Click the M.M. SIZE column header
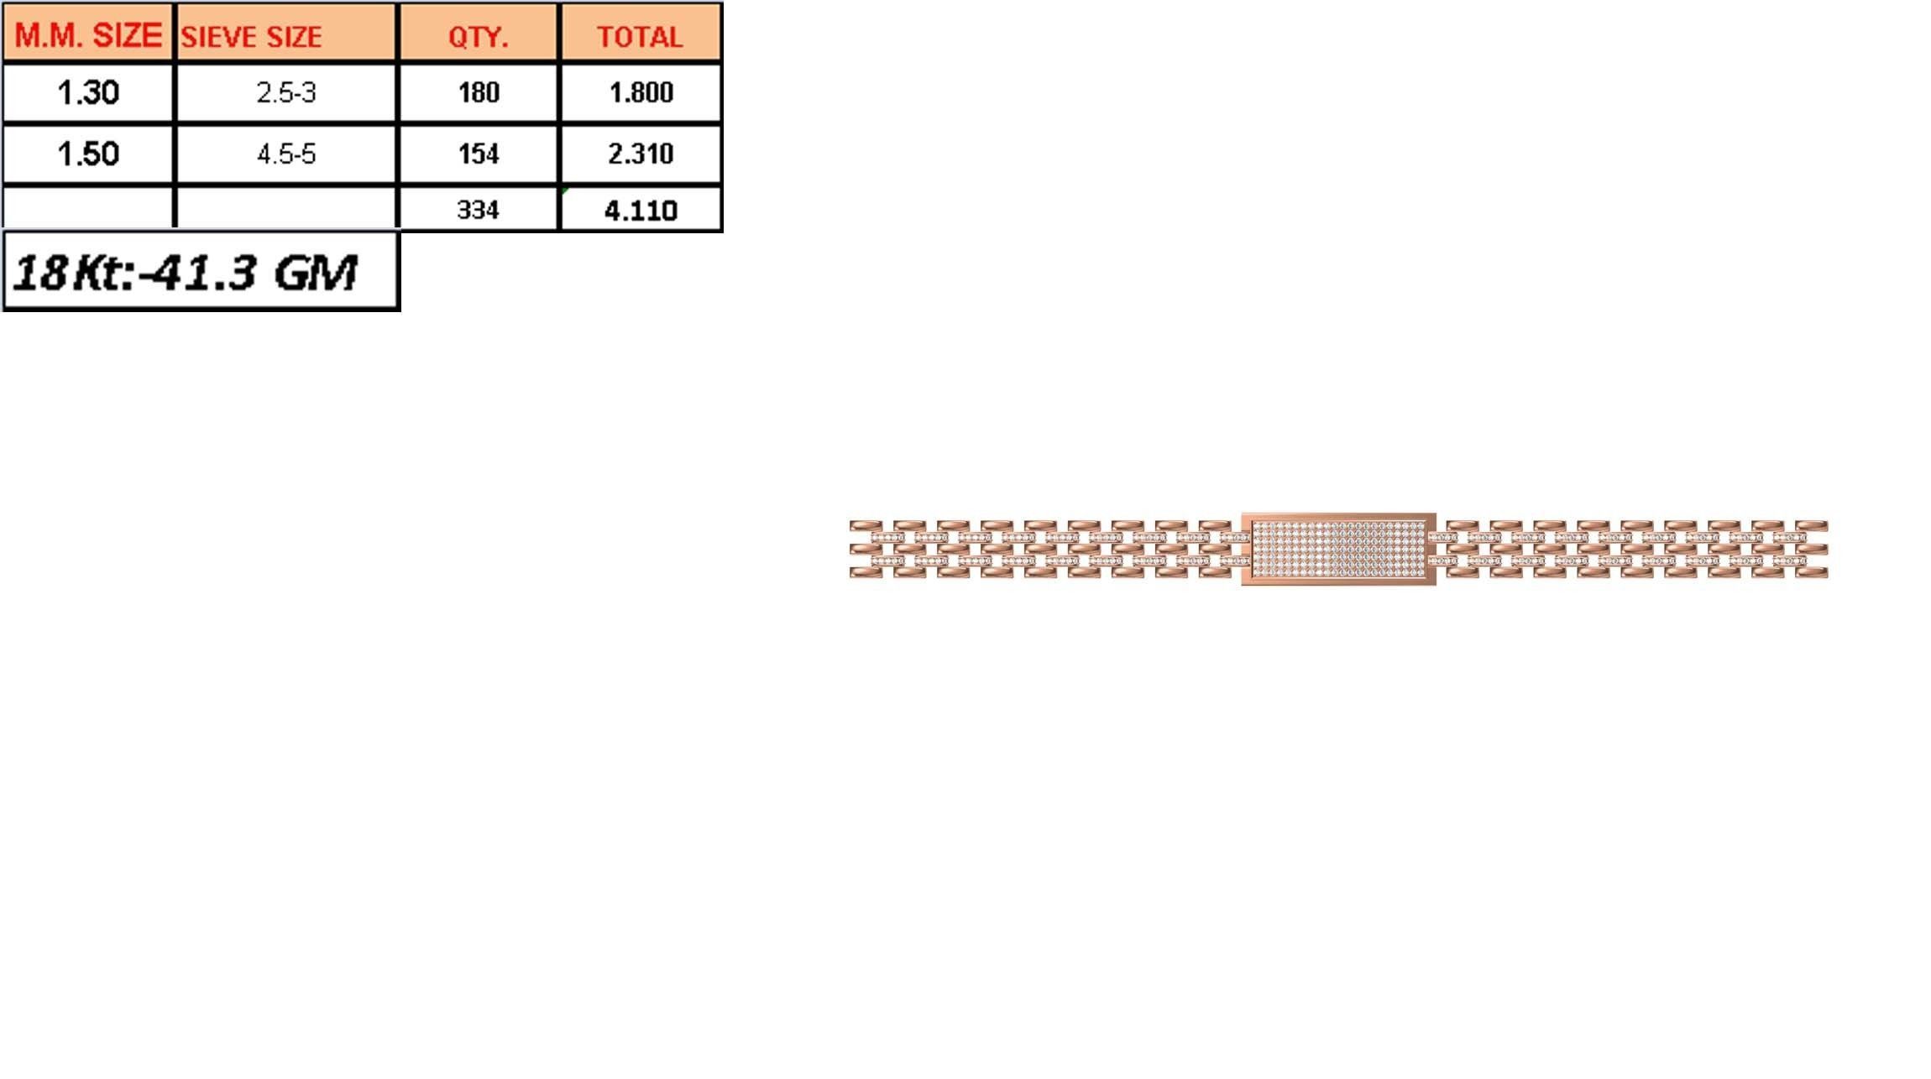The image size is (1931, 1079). (x=88, y=35)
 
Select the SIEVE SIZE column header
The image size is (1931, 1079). (x=251, y=37)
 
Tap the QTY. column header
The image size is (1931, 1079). (x=478, y=37)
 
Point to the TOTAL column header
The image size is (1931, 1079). (x=640, y=37)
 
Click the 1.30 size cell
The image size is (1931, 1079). (x=88, y=92)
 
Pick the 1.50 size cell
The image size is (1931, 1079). (x=88, y=154)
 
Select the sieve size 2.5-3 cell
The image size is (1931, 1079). (x=286, y=92)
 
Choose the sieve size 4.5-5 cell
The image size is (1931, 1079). (x=286, y=154)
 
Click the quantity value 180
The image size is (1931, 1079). (x=479, y=92)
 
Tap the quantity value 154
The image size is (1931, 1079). (x=479, y=154)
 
